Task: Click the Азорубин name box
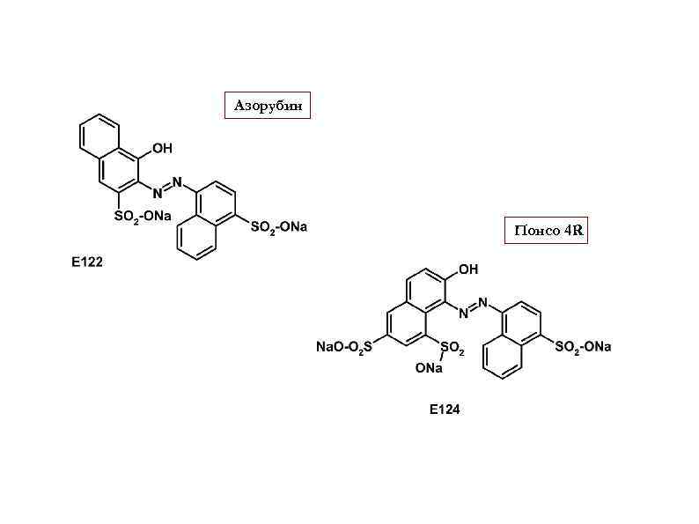[269, 106]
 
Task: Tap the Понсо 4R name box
[546, 230]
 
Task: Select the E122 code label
[87, 262]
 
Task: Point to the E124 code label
[444, 410]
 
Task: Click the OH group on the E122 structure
[161, 149]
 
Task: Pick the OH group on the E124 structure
[467, 269]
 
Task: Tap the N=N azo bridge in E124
[473, 306]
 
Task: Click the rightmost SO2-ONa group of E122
[279, 227]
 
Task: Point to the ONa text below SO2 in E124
[429, 369]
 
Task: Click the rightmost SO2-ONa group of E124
[583, 347]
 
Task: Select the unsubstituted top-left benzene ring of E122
[96, 138]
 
